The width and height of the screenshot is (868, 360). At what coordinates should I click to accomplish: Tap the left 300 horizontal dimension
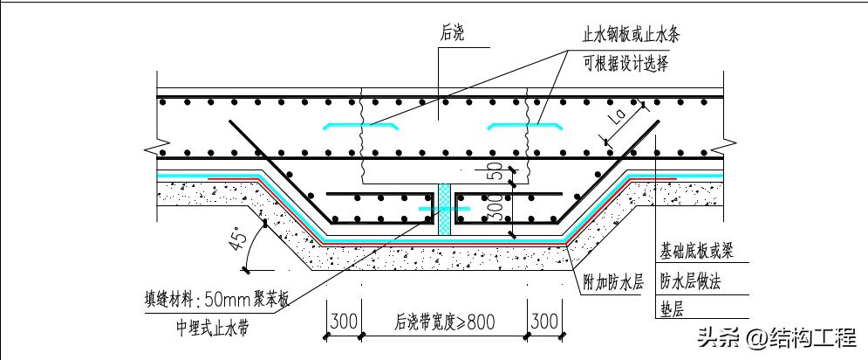click(x=345, y=321)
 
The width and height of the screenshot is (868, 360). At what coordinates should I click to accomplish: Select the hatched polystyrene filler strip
click(x=445, y=210)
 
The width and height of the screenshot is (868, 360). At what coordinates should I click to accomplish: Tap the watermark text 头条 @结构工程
click(x=776, y=336)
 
